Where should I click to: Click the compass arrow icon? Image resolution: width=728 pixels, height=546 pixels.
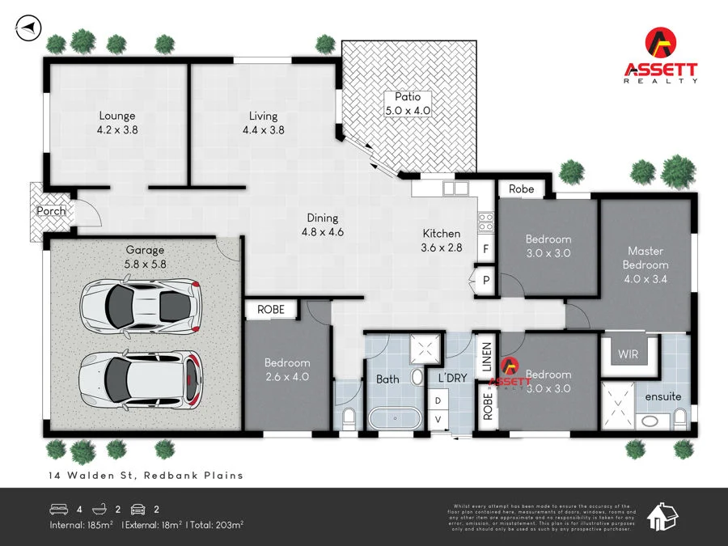(27, 28)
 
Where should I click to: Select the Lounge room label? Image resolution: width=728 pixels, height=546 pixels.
(117, 121)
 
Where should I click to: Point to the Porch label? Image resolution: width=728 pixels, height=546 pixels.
(51, 211)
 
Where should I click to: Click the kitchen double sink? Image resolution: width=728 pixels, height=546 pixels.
(455, 189)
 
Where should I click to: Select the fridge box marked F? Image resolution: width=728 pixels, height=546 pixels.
(486, 249)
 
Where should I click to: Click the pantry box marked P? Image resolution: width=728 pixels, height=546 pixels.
(486, 280)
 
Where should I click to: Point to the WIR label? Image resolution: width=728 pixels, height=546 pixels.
(629, 354)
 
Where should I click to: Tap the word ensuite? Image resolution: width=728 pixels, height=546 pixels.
(662, 396)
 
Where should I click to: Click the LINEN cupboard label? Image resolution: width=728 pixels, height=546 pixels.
(487, 357)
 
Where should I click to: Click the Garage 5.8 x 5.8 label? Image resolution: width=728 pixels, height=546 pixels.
(145, 256)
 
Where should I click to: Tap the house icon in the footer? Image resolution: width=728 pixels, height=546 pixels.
(665, 516)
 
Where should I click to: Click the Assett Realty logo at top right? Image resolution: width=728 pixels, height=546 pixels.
(661, 56)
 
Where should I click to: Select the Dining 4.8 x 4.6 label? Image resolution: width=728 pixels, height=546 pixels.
(322, 224)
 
